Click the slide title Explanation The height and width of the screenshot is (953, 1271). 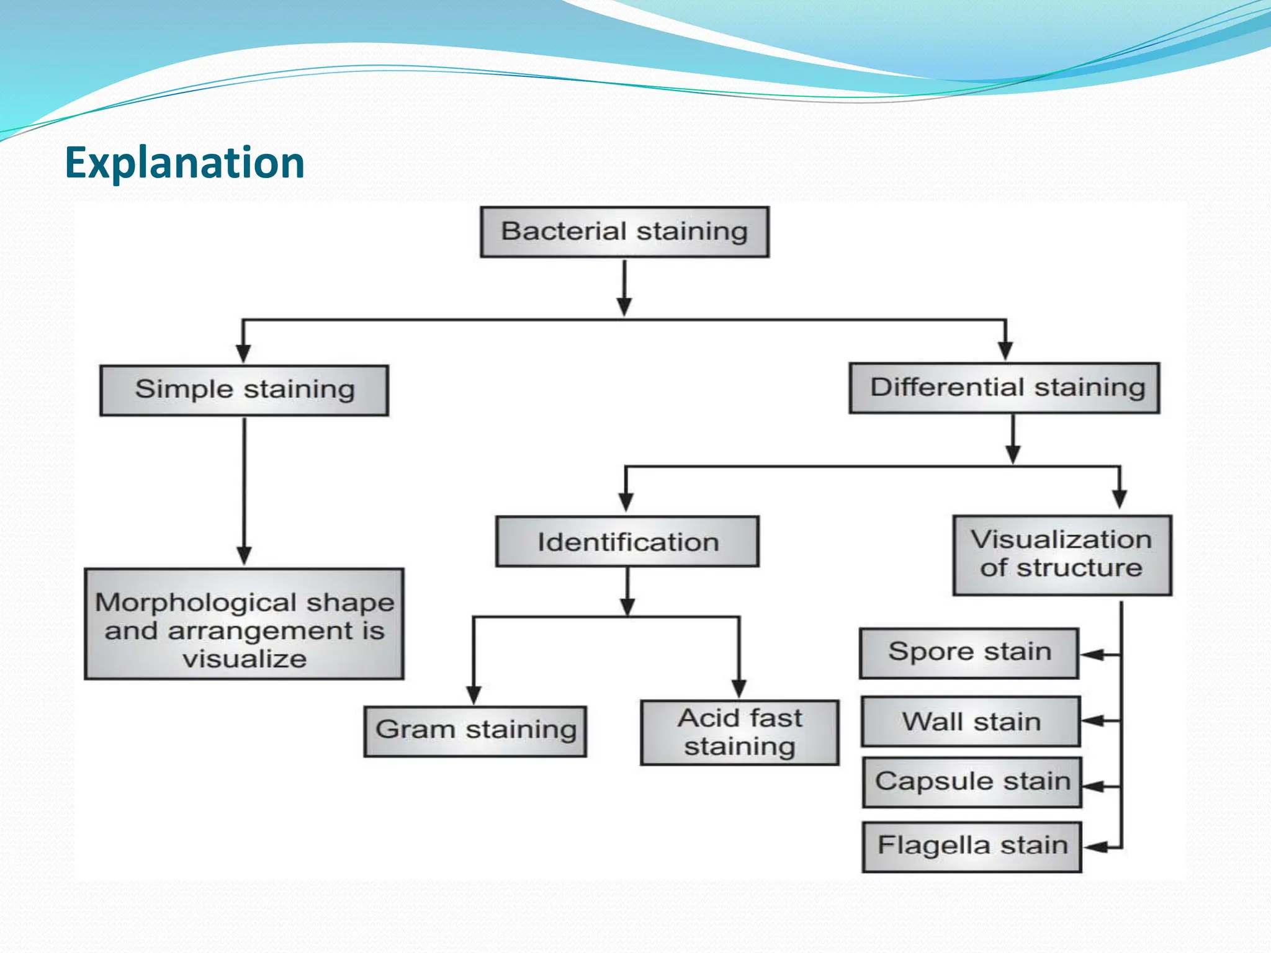coord(184,163)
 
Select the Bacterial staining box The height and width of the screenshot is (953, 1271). coord(624,232)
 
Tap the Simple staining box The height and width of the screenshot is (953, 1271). coord(244,390)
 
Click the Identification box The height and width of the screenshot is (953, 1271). coord(627,542)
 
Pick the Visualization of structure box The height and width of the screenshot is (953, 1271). coord(1062,555)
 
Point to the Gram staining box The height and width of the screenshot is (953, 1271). coord(475,731)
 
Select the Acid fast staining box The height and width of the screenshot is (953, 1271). coord(739,733)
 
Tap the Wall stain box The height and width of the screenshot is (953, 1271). coord(971,722)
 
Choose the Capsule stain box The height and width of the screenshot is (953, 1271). coord(972,782)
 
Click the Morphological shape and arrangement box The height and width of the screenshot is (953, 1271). coord(244,624)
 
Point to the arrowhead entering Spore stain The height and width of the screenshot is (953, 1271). coord(1092,655)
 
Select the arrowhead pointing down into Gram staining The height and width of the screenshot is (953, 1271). coord(474,694)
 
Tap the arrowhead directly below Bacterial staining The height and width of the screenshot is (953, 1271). coord(624,306)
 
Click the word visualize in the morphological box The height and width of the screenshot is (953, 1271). coord(245,659)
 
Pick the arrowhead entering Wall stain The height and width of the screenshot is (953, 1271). coord(1094,721)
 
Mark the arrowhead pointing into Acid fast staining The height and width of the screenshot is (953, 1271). coord(739,688)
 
